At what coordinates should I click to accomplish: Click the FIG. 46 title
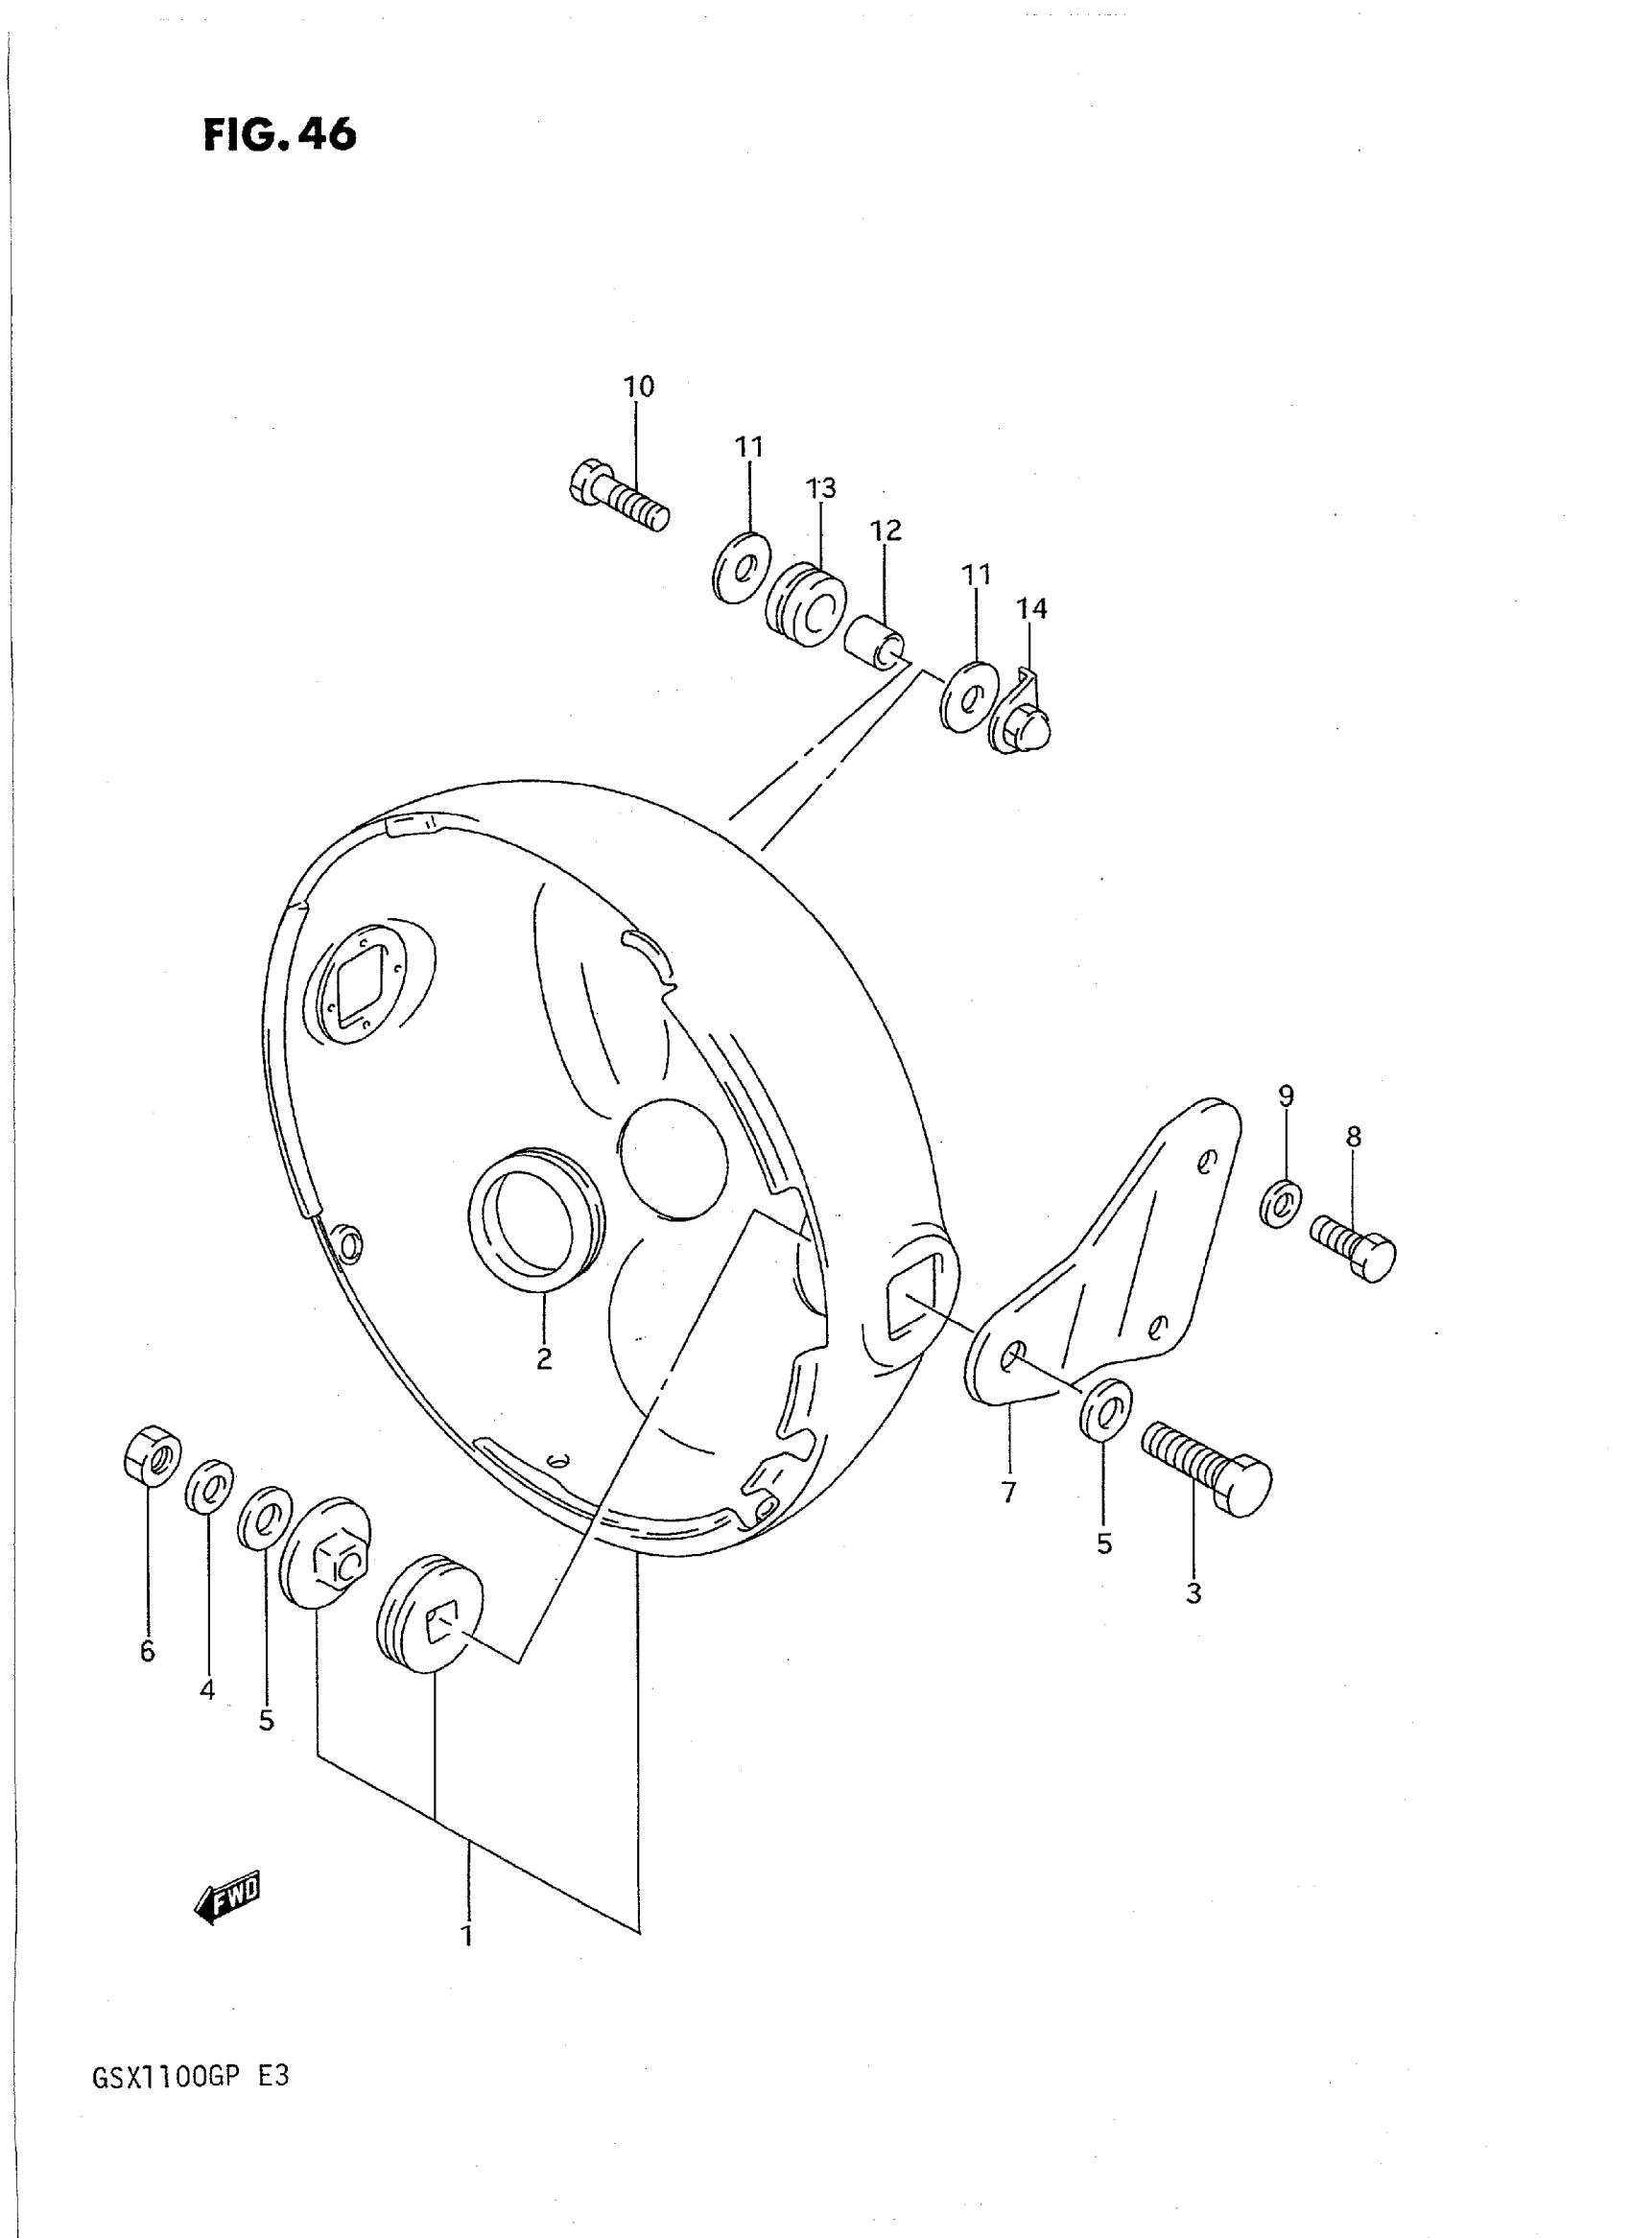pos(279,135)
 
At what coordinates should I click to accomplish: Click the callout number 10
pos(639,387)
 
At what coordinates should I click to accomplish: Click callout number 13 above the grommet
pos(820,487)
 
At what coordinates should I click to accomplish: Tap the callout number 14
pos(1031,609)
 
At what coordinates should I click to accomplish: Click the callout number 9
pos(1286,1095)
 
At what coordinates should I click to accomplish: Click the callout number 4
pos(207,1690)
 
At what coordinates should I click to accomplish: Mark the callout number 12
pos(886,531)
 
